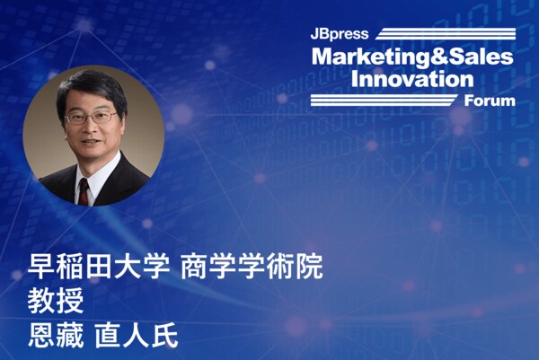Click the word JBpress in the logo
coord(340,34)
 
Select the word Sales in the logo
coord(481,57)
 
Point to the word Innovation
coord(412,79)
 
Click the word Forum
coord(490,101)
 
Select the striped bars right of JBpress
coord(446,33)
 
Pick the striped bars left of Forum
coord(384,100)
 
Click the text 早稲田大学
coord(99,267)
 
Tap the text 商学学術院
coord(252,267)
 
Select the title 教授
coord(56,301)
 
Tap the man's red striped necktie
coord(84,192)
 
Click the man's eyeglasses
coord(92,118)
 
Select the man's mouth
coord(90,141)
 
